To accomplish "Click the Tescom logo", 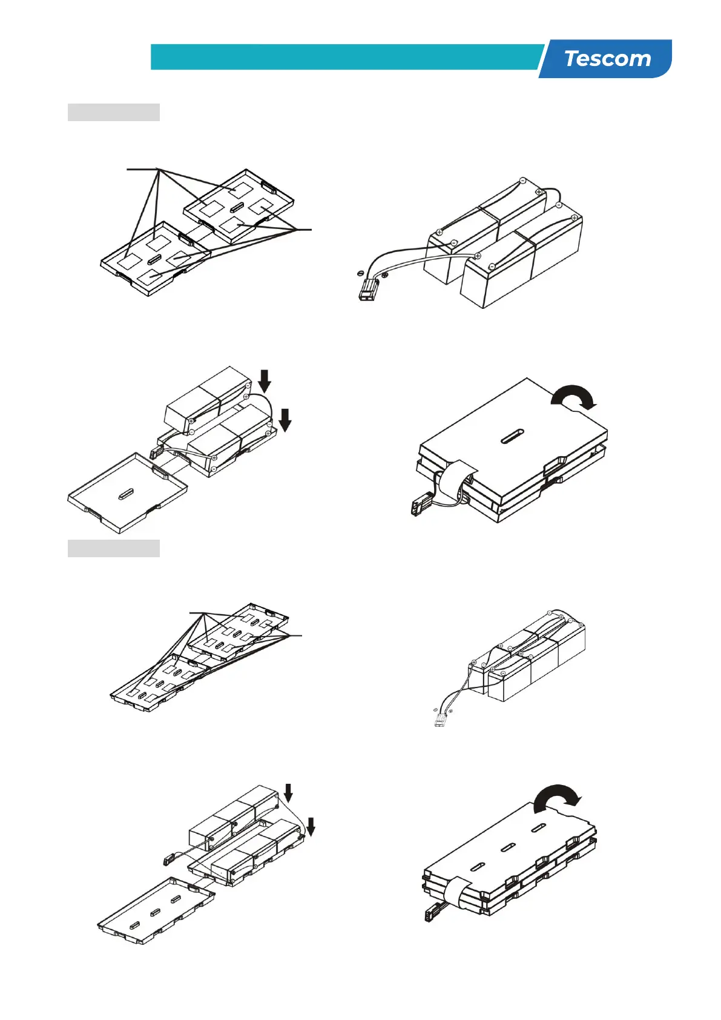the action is click(607, 59).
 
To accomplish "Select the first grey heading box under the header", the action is click(113, 113).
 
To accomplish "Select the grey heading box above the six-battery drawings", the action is click(113, 548).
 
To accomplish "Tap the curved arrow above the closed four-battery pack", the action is click(574, 397).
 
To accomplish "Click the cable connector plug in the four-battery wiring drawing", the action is click(366, 292).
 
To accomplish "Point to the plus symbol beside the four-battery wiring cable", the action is click(386, 276).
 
